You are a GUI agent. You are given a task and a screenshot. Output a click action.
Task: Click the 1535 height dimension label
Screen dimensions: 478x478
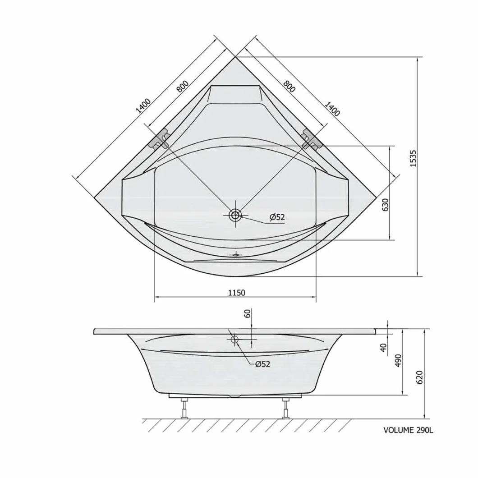(413, 158)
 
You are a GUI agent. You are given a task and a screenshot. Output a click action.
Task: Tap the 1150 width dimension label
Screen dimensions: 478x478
(237, 293)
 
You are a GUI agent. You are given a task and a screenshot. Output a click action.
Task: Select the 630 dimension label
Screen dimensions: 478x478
(385, 205)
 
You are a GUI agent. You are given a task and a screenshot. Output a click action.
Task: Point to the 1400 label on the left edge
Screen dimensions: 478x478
(143, 106)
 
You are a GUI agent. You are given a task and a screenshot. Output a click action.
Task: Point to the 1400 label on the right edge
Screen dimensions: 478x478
(332, 109)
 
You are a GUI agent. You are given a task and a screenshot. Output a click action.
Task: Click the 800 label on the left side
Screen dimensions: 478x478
(183, 86)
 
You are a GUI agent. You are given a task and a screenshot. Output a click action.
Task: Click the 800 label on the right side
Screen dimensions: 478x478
(289, 86)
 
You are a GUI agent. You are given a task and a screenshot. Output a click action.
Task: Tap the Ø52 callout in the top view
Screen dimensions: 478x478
(277, 217)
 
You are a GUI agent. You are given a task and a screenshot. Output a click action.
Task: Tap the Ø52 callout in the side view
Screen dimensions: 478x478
(263, 364)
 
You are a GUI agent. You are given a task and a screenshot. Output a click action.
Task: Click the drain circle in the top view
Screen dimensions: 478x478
(235, 215)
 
